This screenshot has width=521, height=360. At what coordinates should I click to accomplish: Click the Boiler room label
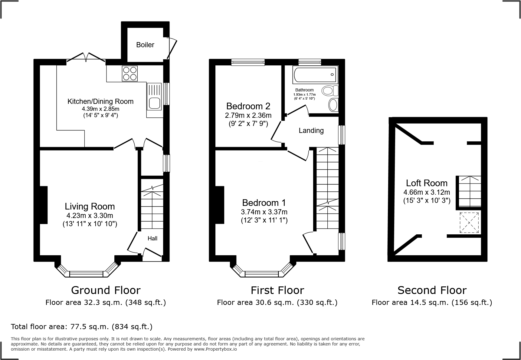pyautogui.click(x=145, y=45)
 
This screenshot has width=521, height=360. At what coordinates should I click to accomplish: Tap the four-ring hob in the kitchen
pyautogui.click(x=130, y=73)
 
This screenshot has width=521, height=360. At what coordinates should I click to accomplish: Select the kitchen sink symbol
pyautogui.click(x=154, y=103)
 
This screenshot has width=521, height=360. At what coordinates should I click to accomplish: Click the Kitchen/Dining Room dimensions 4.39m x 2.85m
pyautogui.click(x=100, y=109)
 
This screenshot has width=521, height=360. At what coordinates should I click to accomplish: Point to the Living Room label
pyautogui.click(x=90, y=206)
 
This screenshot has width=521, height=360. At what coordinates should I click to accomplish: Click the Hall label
pyautogui.click(x=152, y=239)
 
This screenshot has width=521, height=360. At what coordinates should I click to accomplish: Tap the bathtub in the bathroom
pyautogui.click(x=315, y=75)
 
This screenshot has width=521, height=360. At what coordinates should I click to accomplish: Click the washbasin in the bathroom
pyautogui.click(x=333, y=105)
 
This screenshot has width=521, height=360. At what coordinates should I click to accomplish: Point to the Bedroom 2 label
pyautogui.click(x=248, y=106)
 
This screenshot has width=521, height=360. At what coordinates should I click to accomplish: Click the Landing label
pyautogui.click(x=311, y=130)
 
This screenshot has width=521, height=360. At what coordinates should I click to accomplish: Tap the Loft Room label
pyautogui.click(x=427, y=183)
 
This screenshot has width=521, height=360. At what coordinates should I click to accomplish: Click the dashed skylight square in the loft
pyautogui.click(x=469, y=223)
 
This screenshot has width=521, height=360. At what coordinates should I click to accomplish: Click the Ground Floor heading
pyautogui.click(x=106, y=290)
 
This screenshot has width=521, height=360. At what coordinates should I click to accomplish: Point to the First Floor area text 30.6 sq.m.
pyautogui.click(x=277, y=302)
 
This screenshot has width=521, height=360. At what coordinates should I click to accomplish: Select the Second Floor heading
pyautogui.click(x=432, y=290)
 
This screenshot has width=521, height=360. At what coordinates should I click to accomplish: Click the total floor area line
pyautogui.click(x=81, y=327)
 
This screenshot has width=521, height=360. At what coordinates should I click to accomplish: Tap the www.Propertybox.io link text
pyautogui.click(x=215, y=349)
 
